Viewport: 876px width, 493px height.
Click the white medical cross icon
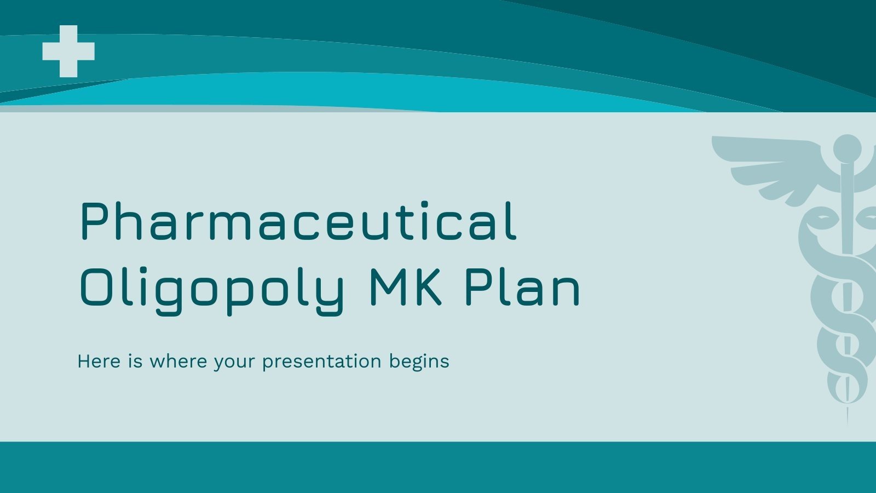(68, 51)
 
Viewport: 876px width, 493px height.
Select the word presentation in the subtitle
(321, 362)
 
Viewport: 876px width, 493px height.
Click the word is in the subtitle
(135, 361)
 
